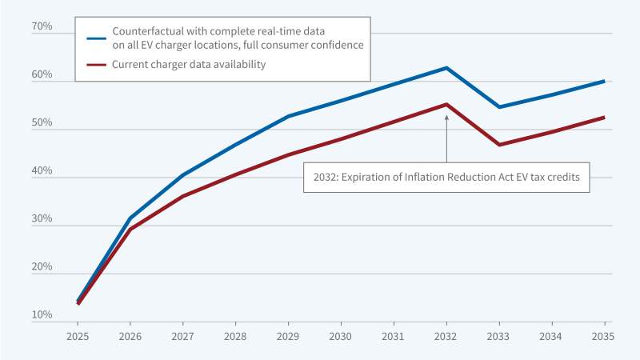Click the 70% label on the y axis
[42, 27]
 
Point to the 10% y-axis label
[42, 315]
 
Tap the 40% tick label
[42, 171]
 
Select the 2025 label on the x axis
[78, 336]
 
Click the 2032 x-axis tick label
[446, 336]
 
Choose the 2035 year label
[603, 336]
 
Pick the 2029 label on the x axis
[288, 336]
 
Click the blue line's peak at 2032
[446, 68]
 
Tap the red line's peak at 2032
[446, 105]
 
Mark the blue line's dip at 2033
[498, 106]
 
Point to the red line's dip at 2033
[498, 144]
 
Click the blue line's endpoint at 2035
[603, 81]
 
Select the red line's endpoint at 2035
[603, 118]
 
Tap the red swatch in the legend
[97, 64]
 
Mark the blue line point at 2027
[183, 174]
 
